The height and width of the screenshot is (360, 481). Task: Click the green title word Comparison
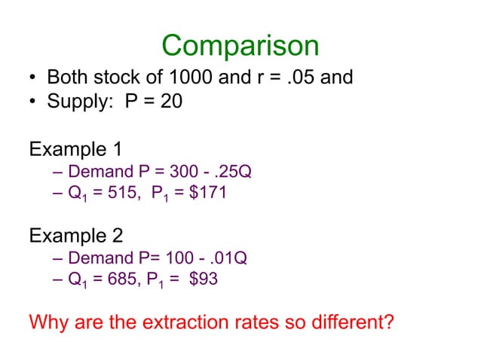point(240,46)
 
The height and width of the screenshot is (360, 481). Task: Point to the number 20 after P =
point(172,101)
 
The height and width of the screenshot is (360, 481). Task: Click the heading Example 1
point(75,148)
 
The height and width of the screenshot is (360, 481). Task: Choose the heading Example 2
point(75,236)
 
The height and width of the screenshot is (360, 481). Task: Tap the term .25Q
point(232,172)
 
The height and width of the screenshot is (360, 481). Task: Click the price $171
point(207,194)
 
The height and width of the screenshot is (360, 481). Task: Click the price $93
point(203,281)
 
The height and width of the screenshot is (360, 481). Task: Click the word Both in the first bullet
point(69,78)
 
